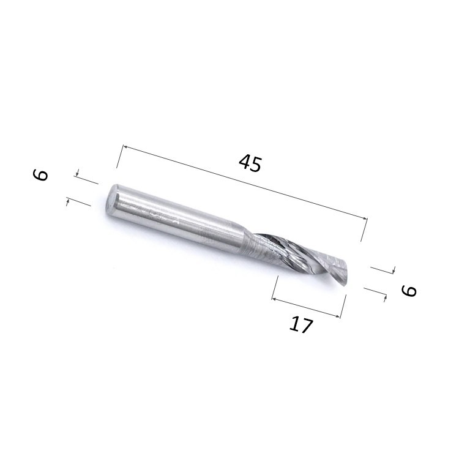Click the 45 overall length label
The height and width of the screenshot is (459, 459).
[x=250, y=163]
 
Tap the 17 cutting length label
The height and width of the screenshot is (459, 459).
[x=301, y=324]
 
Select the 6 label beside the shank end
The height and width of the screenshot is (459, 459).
[x=40, y=176]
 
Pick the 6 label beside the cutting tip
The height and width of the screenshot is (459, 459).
[x=409, y=291]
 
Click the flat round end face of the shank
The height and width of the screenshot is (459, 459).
[x=112, y=201]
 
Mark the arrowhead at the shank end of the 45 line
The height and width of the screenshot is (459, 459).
[x=125, y=147]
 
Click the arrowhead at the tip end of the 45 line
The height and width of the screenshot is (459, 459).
[x=365, y=218]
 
